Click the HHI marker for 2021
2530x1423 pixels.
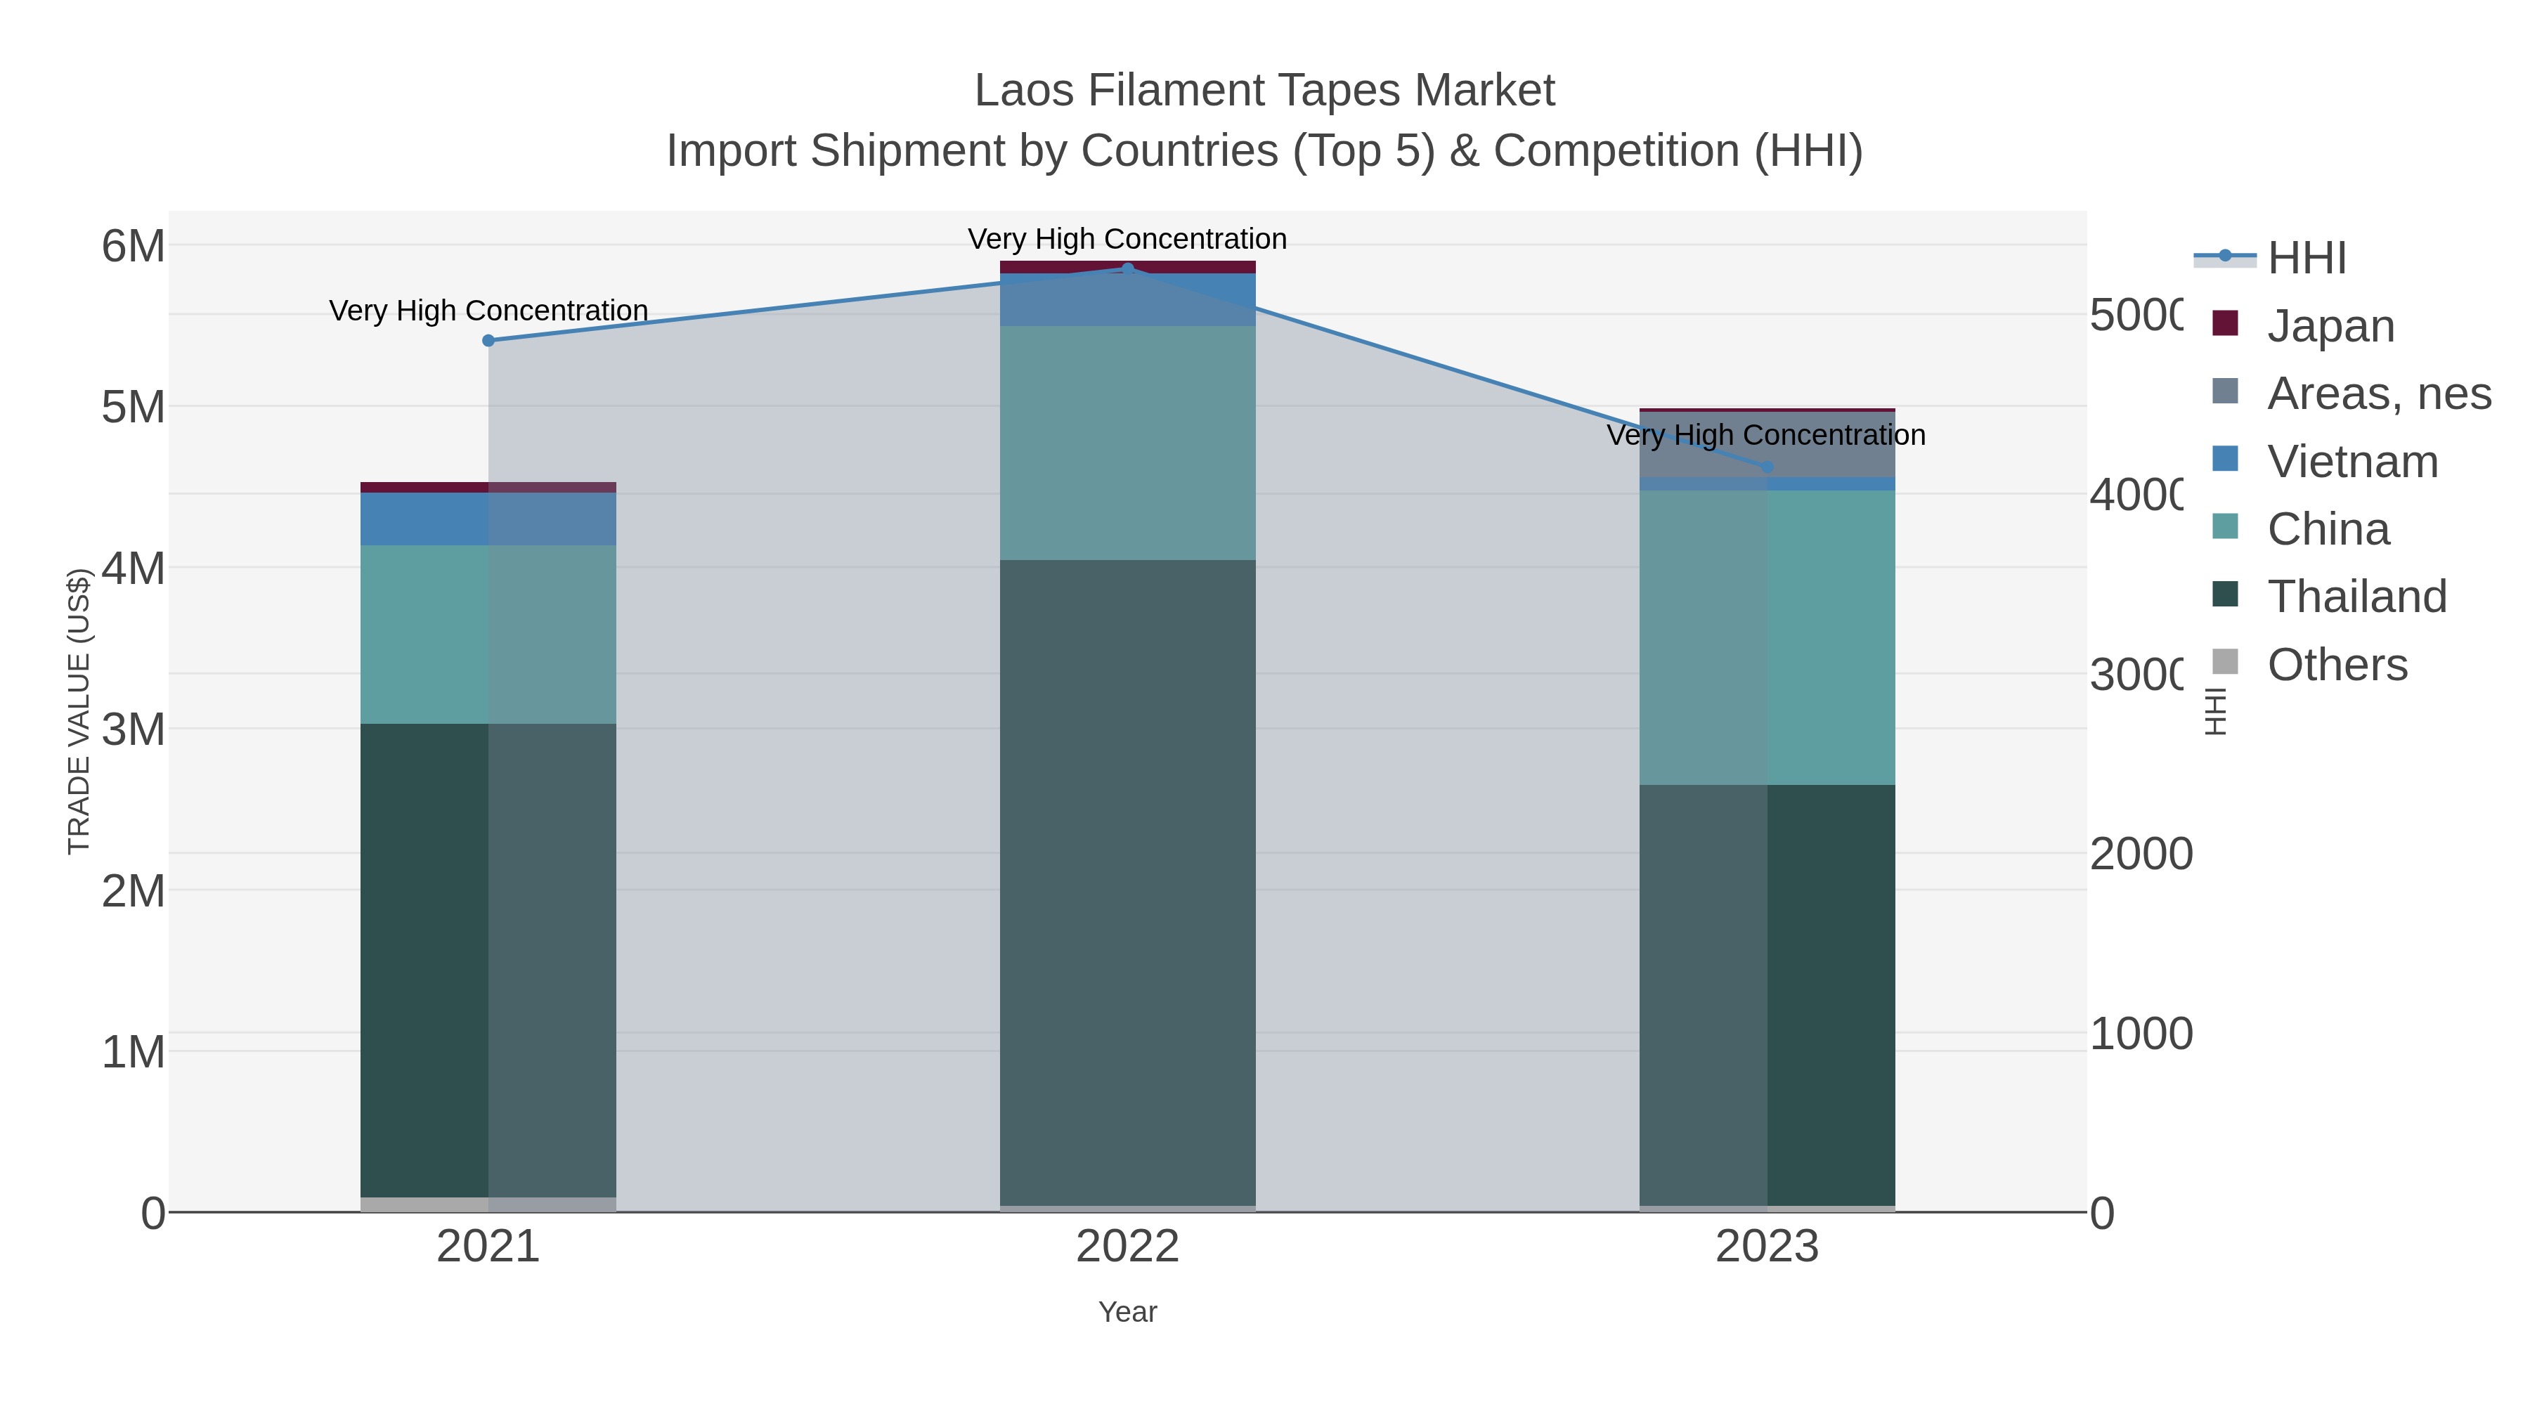(488, 341)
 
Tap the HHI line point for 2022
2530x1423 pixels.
(1127, 268)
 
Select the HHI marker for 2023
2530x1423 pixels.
(1768, 467)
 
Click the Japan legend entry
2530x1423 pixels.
(2330, 326)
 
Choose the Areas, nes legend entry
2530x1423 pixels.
(2377, 394)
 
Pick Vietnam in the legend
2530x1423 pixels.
(2351, 462)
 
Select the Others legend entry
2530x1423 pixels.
(2337, 665)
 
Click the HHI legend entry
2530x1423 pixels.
(2306, 259)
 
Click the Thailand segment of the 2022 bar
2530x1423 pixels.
(1127, 884)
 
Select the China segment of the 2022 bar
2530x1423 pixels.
(1127, 442)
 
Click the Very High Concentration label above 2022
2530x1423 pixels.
(1127, 239)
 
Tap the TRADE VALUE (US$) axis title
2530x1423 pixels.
(79, 711)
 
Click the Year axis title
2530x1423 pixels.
(1127, 1312)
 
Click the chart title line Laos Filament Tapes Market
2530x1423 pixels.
(1264, 91)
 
